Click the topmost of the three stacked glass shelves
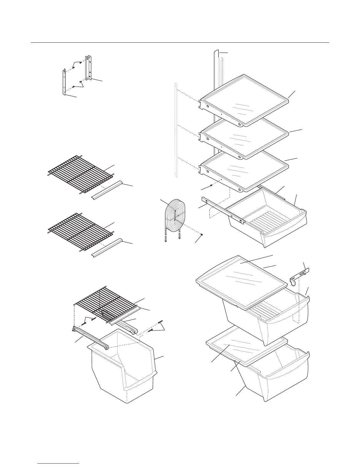[244, 100]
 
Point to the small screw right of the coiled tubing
[201, 234]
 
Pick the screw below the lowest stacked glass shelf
[211, 186]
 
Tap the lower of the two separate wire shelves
[79, 231]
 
